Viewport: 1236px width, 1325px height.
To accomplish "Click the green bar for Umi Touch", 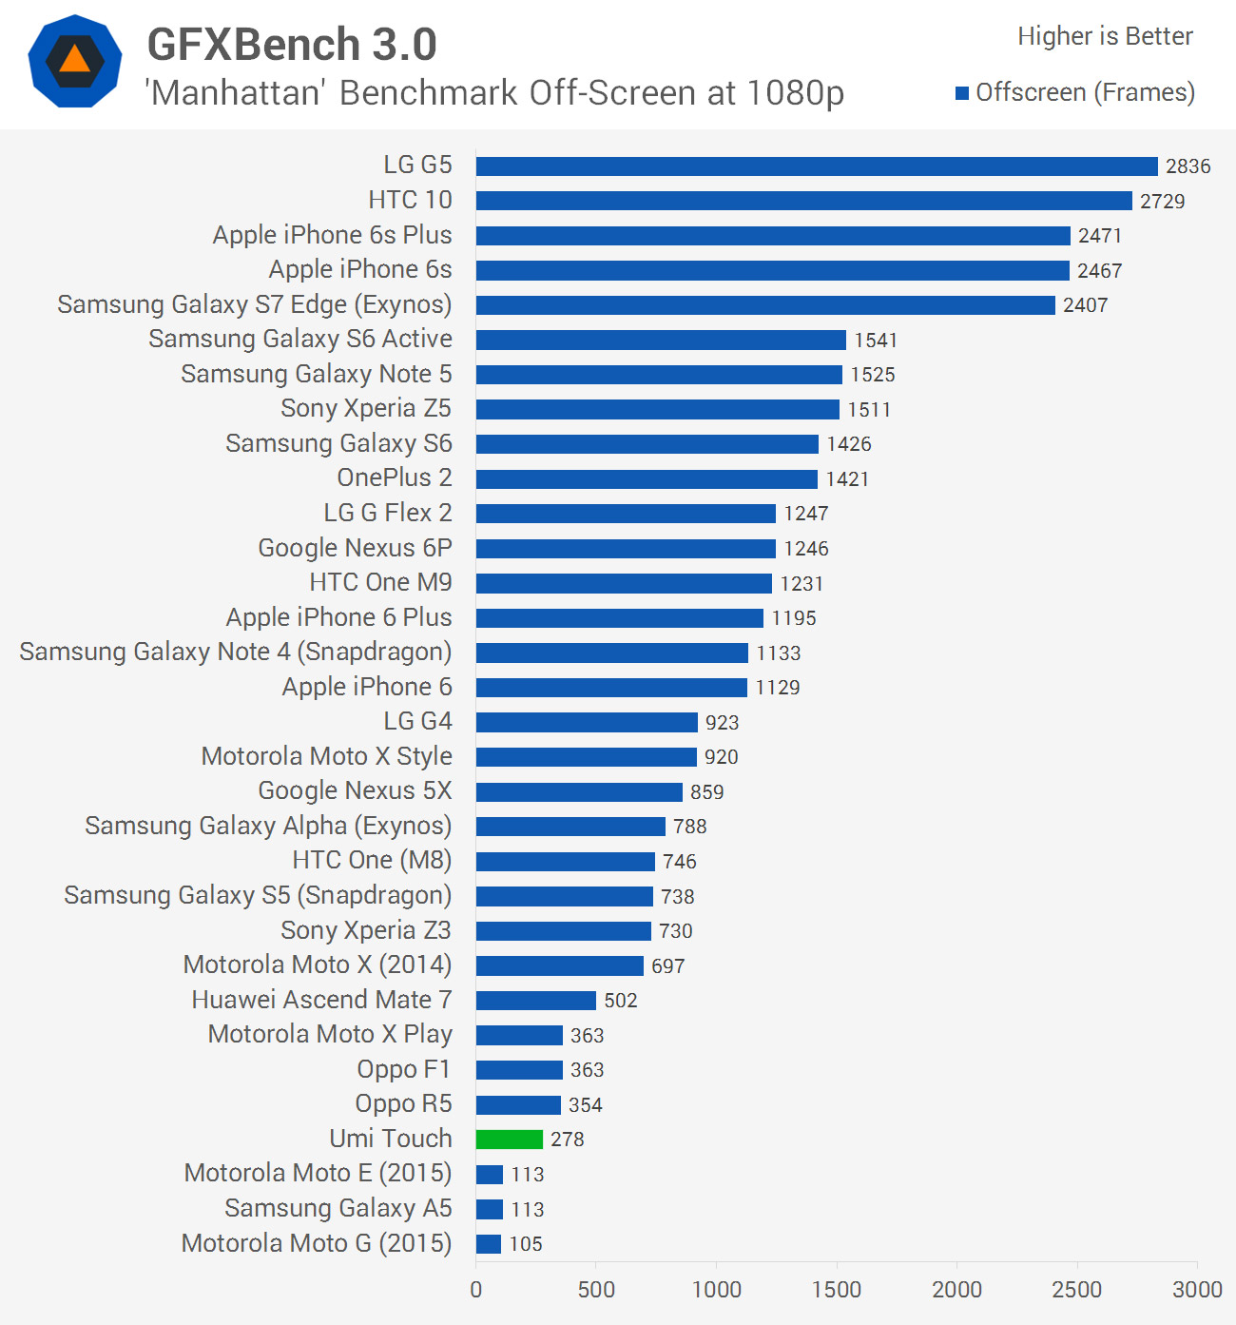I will tap(510, 1140).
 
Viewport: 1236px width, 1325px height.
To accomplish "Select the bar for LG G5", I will tap(817, 166).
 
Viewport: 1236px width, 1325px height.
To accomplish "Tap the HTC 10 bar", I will tap(804, 201).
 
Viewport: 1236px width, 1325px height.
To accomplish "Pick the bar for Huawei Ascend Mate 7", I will tap(536, 1001).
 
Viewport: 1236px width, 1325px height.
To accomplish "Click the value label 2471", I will tap(1100, 236).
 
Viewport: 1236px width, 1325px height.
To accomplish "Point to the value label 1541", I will tap(876, 341).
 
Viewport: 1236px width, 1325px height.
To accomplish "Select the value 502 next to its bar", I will tap(621, 1001).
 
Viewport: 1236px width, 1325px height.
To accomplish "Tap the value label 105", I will tap(526, 1244).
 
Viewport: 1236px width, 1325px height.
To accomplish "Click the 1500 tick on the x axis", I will tap(837, 1290).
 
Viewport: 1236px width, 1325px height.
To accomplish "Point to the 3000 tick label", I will tap(1197, 1290).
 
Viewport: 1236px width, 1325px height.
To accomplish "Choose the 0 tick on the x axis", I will tap(476, 1290).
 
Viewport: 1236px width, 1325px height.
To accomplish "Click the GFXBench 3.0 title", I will tap(292, 45).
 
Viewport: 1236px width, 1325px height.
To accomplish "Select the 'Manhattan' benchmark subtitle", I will tap(494, 93).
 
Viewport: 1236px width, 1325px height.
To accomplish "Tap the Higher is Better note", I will tap(1105, 36).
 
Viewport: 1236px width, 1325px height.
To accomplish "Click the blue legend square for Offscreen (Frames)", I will tap(962, 93).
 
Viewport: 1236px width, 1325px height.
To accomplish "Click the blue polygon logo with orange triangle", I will tap(75, 61).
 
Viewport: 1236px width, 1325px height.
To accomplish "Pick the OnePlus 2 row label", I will tap(395, 477).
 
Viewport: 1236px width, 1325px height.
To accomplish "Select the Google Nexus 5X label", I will tap(355, 790).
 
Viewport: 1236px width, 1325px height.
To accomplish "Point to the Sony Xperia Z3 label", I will tap(366, 930).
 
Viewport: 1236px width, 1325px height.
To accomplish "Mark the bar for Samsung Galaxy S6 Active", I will tap(661, 341).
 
